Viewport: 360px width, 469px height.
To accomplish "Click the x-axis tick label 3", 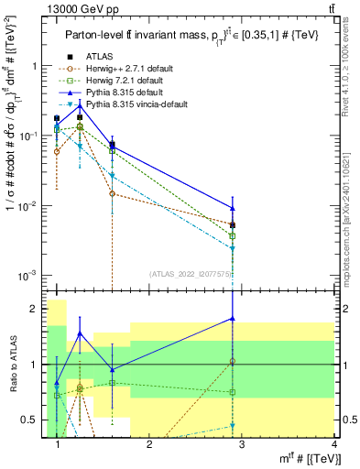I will (242, 445).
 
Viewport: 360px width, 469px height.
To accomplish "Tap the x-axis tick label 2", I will (150, 445).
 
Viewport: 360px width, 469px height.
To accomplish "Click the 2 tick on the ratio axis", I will (36, 309).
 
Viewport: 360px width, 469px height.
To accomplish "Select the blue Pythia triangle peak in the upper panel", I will (80, 105).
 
